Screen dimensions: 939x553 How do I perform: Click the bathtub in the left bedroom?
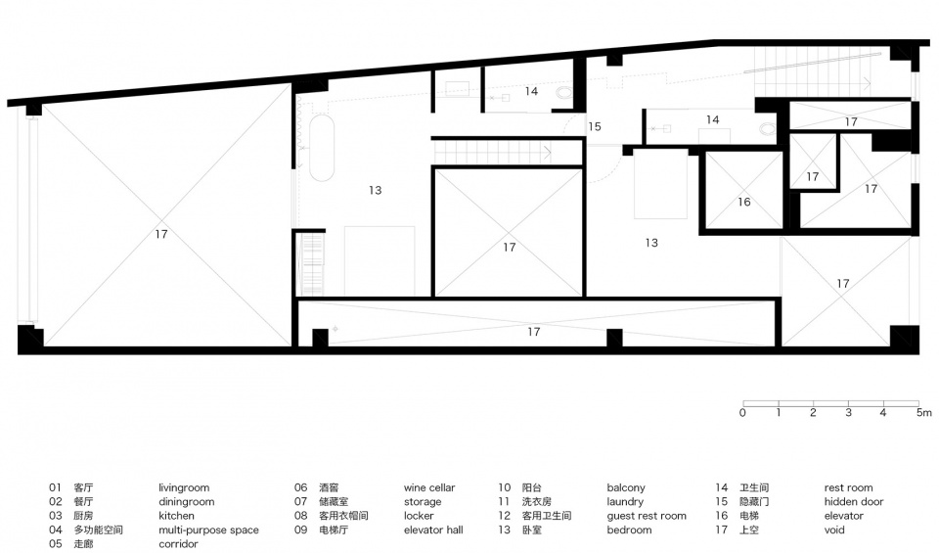point(322,148)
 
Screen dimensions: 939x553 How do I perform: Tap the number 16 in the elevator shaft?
point(743,202)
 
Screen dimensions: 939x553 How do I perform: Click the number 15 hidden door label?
point(594,126)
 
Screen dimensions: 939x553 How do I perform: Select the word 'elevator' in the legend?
point(843,516)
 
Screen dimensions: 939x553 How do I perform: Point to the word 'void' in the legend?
point(834,530)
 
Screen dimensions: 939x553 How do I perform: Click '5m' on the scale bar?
point(924,413)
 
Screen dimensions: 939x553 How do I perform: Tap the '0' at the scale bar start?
point(742,413)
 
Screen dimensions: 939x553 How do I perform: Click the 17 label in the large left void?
point(161,234)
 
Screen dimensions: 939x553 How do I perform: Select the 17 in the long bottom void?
point(534,332)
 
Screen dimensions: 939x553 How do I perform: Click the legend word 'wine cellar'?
point(429,487)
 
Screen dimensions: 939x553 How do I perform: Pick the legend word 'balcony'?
point(626,487)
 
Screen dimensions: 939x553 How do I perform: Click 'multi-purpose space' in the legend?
point(208,530)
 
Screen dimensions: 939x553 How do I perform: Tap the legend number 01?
point(55,487)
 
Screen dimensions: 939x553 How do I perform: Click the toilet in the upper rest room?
point(563,93)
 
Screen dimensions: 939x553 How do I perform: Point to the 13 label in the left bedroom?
point(375,191)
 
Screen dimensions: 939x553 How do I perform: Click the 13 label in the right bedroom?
point(651,243)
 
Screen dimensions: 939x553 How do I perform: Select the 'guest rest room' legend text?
point(647,516)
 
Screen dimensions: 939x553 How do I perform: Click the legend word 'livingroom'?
point(184,487)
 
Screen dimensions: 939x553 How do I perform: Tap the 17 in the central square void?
point(509,247)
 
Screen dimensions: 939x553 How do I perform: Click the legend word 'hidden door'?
point(853,501)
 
